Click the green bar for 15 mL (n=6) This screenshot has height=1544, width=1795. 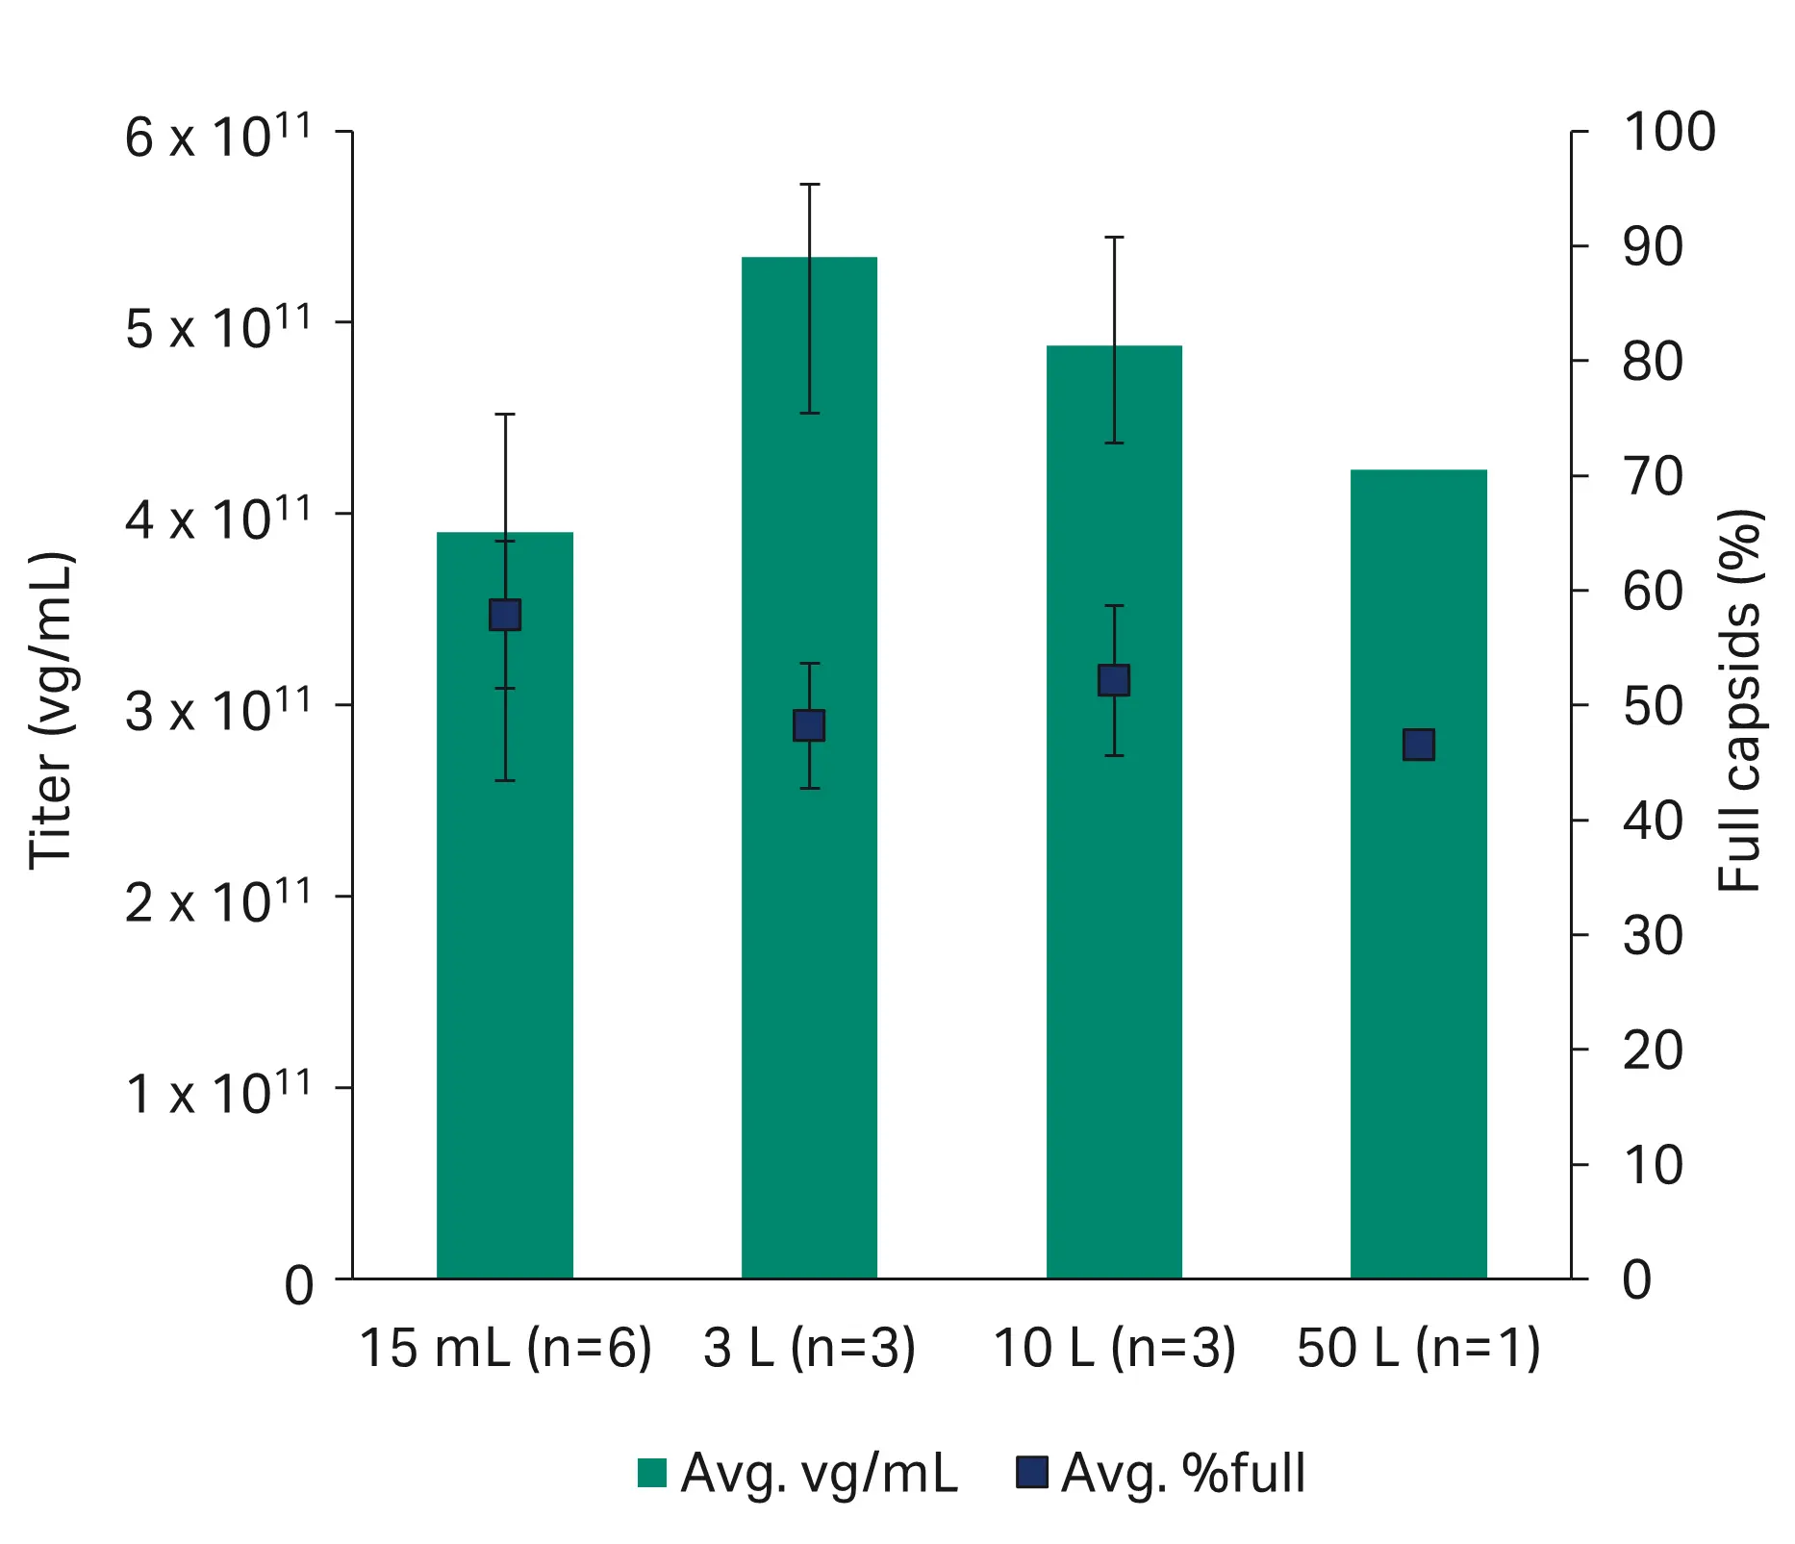click(x=504, y=962)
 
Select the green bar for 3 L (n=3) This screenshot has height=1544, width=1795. click(x=809, y=962)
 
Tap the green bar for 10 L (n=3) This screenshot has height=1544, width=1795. click(x=1114, y=962)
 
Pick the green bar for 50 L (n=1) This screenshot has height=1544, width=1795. click(x=1418, y=962)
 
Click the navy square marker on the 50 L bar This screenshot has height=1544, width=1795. click(x=1418, y=745)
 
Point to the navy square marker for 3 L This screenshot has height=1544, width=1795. click(x=809, y=725)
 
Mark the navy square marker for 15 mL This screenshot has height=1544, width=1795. click(x=505, y=615)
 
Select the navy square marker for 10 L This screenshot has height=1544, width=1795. click(x=1114, y=680)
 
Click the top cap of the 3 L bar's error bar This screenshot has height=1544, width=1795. click(x=810, y=184)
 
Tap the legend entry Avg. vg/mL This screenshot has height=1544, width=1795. click(x=798, y=1473)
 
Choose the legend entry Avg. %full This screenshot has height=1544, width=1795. click(x=1162, y=1473)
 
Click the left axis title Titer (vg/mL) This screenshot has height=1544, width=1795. click(x=50, y=710)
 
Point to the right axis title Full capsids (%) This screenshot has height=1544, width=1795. click(x=1741, y=700)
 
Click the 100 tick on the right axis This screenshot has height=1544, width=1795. click(x=1668, y=132)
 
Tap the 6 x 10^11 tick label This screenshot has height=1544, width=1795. click(x=218, y=136)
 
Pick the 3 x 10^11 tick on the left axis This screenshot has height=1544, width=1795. click(x=218, y=710)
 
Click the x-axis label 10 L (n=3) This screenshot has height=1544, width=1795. click(x=1114, y=1347)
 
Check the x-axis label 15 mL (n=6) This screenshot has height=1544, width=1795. click(x=505, y=1347)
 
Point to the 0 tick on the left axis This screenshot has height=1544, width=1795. click(x=299, y=1285)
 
